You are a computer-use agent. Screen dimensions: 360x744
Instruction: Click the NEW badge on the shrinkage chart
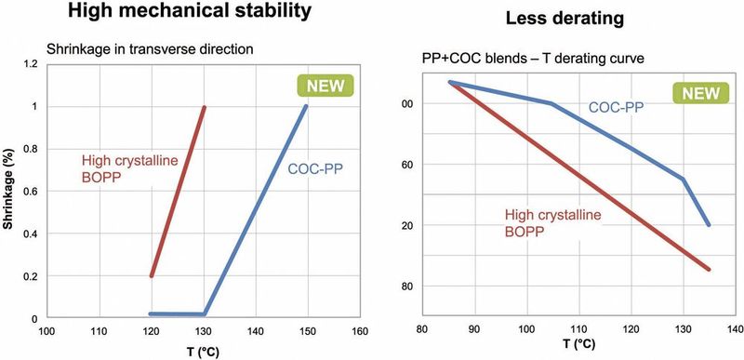coord(320,87)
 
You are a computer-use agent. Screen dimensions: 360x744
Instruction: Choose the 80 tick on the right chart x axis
coord(423,328)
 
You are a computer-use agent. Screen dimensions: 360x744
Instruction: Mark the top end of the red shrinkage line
coord(204,107)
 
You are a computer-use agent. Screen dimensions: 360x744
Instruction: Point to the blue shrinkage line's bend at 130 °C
coord(205,314)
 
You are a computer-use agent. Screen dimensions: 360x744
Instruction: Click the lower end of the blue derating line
coord(710,225)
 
